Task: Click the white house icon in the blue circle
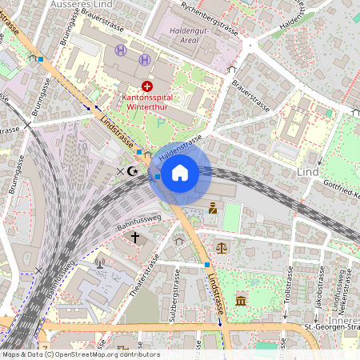tap(180, 172)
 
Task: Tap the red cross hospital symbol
tap(146, 86)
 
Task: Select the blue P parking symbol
tap(160, 124)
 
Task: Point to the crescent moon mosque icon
tap(134, 170)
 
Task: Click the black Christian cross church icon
tap(135, 237)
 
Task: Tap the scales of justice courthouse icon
tap(222, 247)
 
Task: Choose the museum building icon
tap(241, 301)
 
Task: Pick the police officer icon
tap(213, 208)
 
